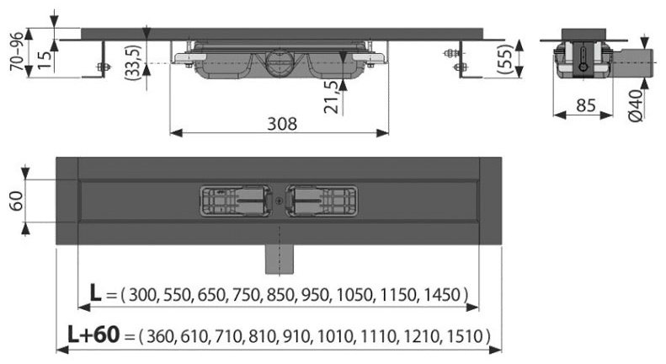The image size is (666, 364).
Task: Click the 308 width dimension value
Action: (282, 123)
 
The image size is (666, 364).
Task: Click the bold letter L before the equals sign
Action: (98, 293)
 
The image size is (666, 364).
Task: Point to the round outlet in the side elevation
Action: (279, 62)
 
